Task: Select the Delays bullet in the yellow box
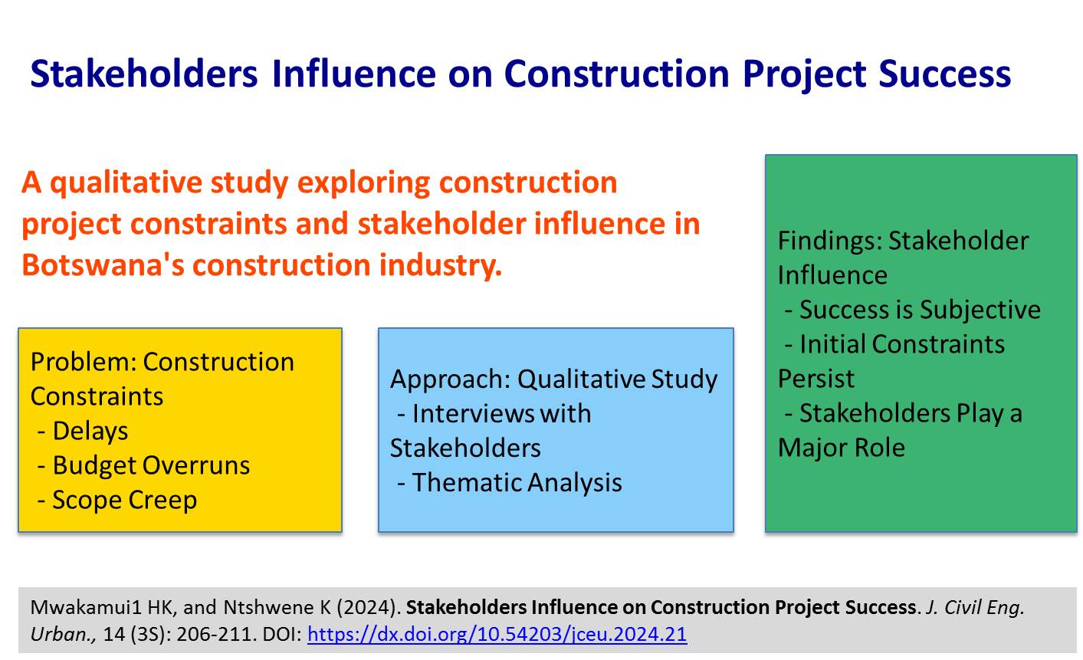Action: (83, 431)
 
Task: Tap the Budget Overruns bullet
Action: (143, 465)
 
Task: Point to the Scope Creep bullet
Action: (117, 500)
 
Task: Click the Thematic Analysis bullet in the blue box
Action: (510, 483)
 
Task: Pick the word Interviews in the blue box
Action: (473, 414)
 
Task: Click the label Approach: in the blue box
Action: (451, 379)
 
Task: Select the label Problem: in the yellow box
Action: (83, 362)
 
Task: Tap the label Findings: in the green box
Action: (830, 241)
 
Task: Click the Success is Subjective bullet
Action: (912, 310)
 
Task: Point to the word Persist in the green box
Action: (816, 379)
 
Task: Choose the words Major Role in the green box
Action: (842, 448)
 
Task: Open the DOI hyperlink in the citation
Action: (497, 635)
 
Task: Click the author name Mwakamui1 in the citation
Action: (86, 607)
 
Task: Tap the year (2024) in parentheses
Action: (366, 607)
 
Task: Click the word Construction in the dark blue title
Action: (616, 74)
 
